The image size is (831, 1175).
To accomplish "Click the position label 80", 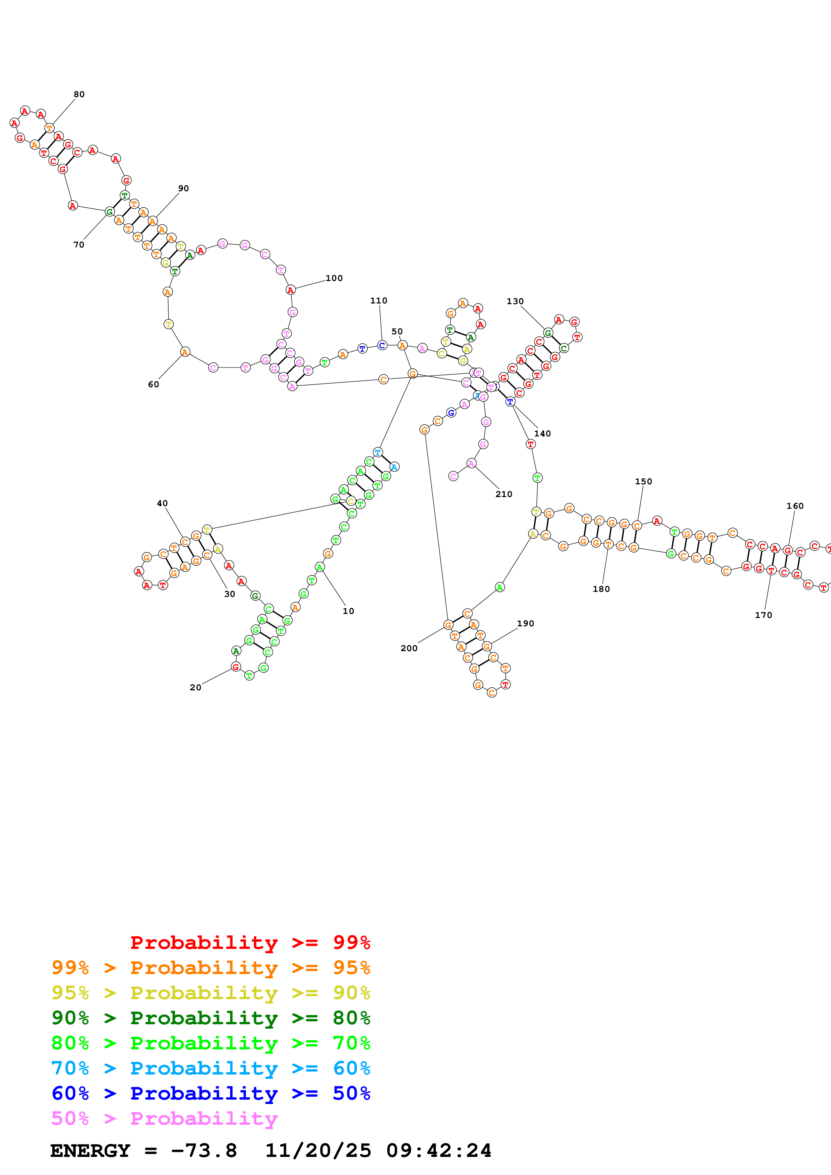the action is pyautogui.click(x=79, y=94).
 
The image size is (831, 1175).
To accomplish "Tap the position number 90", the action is pyautogui.click(x=183, y=188).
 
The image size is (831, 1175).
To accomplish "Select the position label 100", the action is pyautogui.click(x=334, y=278).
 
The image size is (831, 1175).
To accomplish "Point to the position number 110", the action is pyautogui.click(x=378, y=300).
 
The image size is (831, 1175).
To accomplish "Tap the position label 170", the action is pyautogui.click(x=763, y=615).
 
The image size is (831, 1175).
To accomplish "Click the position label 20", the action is pyautogui.click(x=195, y=687).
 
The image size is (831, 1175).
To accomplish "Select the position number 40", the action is pyautogui.click(x=162, y=503).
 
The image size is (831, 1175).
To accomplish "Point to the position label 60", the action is pyautogui.click(x=153, y=384).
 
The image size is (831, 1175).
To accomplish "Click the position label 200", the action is pyautogui.click(x=409, y=648).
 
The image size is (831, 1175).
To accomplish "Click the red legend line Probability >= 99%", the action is pyautogui.click(x=250, y=942).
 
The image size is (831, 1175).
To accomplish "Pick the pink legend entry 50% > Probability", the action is pyautogui.click(x=164, y=1118).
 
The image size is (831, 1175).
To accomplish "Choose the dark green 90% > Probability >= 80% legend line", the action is pyautogui.click(x=211, y=1017).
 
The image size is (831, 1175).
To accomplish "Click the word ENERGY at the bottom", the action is pyautogui.click(x=90, y=1151).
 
